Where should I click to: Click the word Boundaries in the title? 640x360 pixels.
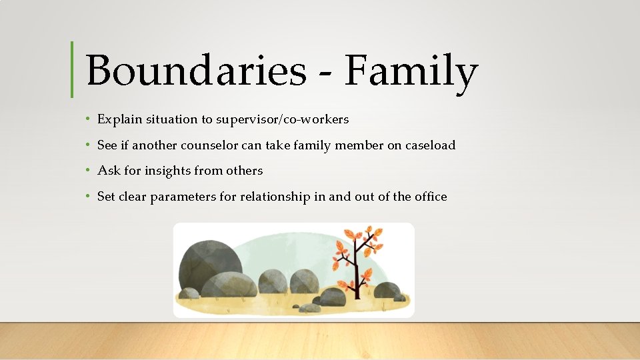(x=195, y=71)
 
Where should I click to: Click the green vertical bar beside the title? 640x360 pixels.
(x=72, y=69)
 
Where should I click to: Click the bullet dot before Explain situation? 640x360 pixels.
(x=88, y=120)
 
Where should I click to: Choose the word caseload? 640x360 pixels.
(x=430, y=145)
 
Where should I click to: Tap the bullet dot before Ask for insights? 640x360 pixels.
(x=88, y=171)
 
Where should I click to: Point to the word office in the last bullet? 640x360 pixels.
(x=430, y=197)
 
